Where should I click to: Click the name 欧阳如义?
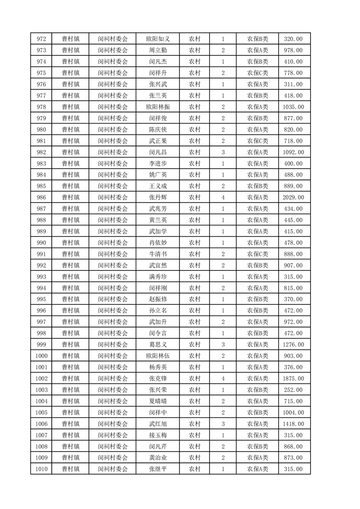[x=158, y=39]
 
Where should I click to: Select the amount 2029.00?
[x=294, y=197]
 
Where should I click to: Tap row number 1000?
[x=41, y=356]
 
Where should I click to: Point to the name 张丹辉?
[x=158, y=197]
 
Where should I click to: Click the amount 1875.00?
[x=294, y=379]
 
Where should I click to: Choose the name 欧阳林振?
[x=158, y=107]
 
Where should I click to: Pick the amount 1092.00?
[x=294, y=152]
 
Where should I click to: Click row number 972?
[x=41, y=39]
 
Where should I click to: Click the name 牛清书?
[x=158, y=254]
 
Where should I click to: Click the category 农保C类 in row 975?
[x=257, y=73]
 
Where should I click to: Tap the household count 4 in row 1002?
[x=223, y=379]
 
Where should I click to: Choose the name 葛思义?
[x=158, y=345]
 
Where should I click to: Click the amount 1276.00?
[x=294, y=345]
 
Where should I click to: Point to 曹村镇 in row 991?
[x=71, y=254]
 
